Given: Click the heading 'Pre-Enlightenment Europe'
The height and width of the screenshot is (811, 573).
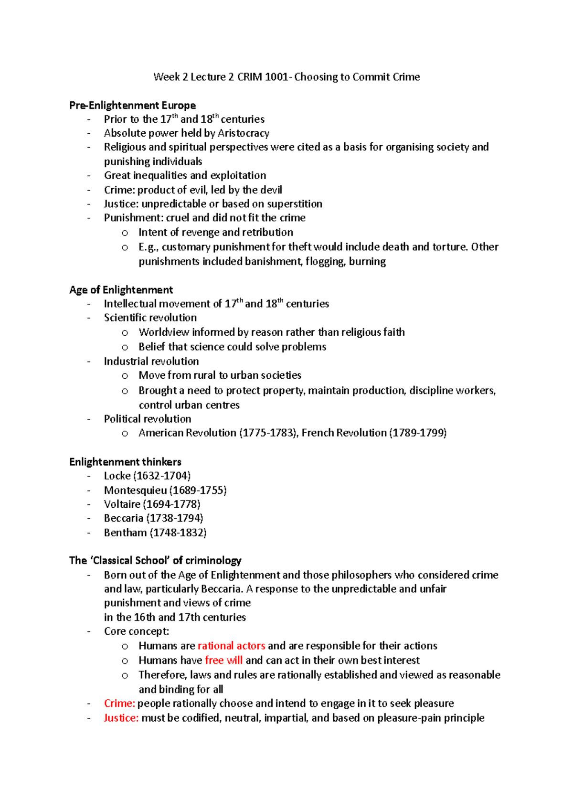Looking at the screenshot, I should pyautogui.click(x=132, y=105).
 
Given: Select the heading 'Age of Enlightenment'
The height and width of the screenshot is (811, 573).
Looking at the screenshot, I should pyautogui.click(x=121, y=290).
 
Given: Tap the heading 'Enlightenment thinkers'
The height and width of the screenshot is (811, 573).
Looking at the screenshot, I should pyautogui.click(x=125, y=462).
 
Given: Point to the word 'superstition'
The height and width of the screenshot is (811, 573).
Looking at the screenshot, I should pyautogui.click(x=294, y=204).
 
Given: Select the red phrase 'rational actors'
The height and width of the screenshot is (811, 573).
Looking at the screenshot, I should pyautogui.click(x=231, y=646).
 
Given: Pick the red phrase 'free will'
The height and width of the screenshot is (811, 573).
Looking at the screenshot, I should pyautogui.click(x=223, y=660).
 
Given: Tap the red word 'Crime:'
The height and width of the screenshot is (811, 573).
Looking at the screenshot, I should pyautogui.click(x=119, y=704).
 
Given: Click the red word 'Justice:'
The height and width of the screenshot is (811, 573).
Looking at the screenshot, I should pyautogui.click(x=121, y=718).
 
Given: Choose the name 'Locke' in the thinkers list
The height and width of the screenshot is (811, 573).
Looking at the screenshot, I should pyautogui.click(x=117, y=476).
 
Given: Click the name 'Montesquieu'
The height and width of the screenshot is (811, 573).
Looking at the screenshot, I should pyautogui.click(x=135, y=490).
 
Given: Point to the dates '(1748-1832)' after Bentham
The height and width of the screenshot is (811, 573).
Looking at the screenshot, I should pyautogui.click(x=178, y=533).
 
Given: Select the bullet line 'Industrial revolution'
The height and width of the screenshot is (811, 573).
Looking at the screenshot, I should pyautogui.click(x=151, y=361).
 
